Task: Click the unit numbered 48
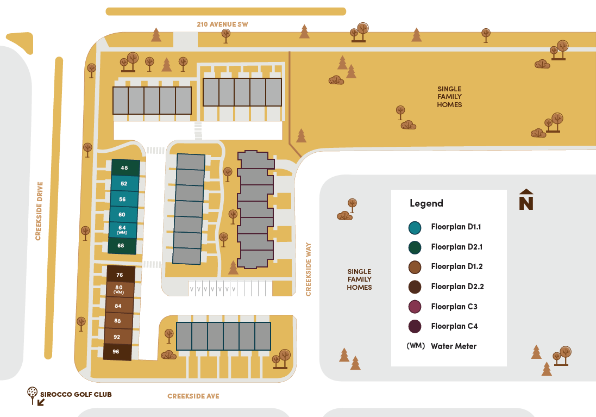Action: (124, 168)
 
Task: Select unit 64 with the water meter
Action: (122, 229)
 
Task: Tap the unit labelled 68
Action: (121, 246)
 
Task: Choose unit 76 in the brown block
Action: (120, 275)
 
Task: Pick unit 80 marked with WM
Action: (118, 289)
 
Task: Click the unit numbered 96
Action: (116, 352)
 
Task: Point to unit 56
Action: (123, 200)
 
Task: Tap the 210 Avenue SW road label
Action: (222, 24)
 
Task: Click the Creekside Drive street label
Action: (39, 211)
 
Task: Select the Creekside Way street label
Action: (309, 270)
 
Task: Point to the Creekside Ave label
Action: (193, 396)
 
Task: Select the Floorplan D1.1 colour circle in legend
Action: (415, 227)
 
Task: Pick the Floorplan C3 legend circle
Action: (415, 307)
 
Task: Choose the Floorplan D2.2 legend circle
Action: (415, 287)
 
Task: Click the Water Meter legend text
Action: (454, 346)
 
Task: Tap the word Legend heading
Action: (426, 203)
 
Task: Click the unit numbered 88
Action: (118, 321)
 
